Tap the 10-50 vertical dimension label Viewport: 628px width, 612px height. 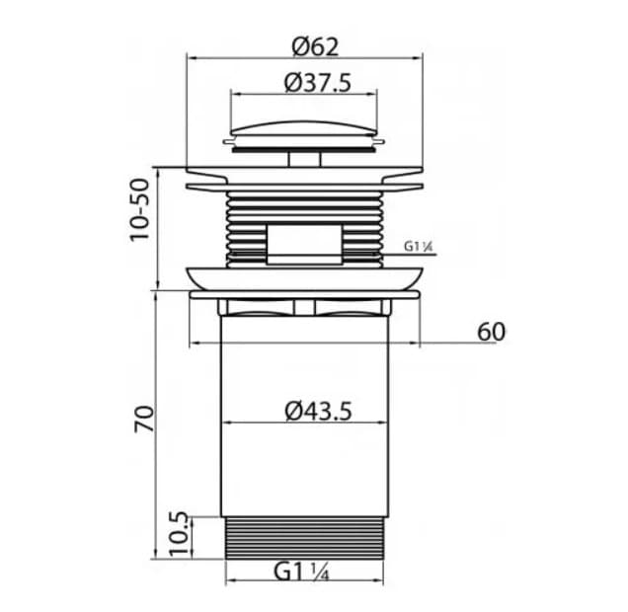[141, 209]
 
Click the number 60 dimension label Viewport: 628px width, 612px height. [491, 332]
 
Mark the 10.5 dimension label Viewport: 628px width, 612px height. [178, 534]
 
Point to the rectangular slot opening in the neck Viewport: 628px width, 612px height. [304, 242]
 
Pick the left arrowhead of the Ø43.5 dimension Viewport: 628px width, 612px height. [224, 423]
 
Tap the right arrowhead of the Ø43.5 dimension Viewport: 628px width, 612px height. [384, 423]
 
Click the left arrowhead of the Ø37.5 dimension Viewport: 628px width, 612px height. [235, 95]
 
